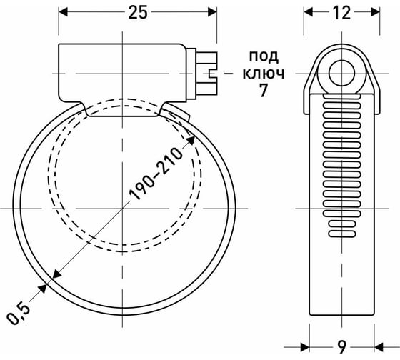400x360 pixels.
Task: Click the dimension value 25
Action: [137, 12]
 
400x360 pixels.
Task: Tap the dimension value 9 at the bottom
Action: [343, 346]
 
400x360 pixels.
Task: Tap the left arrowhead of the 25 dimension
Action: [63, 12]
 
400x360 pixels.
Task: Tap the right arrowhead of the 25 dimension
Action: [212, 12]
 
